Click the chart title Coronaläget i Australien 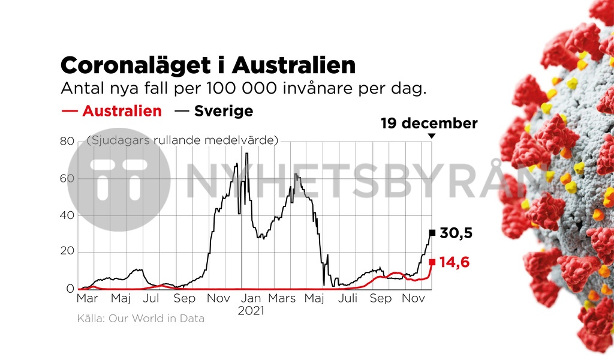pos(208,65)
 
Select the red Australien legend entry pos(112,111)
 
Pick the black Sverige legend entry pos(214,111)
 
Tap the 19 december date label pos(429,124)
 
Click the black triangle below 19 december pos(431,137)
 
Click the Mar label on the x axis pos(88,299)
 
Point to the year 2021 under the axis pos(251,311)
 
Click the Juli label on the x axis pos(348,299)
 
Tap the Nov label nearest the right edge pos(413,299)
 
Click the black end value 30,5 pos(456,233)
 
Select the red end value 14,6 pos(455,262)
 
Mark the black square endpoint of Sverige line pos(432,233)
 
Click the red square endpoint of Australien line pos(432,262)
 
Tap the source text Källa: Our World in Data pos(141,319)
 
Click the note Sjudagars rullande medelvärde pos(183,140)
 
